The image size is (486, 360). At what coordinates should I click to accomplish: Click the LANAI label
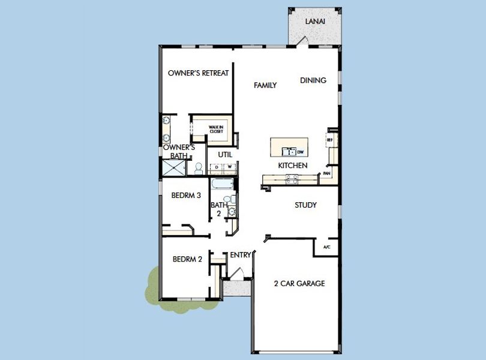(316, 21)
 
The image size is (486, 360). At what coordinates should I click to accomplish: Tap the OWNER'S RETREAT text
(198, 73)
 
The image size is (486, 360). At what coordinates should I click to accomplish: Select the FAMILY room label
(265, 85)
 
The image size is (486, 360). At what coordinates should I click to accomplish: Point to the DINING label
(313, 80)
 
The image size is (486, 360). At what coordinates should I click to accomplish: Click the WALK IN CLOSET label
(216, 129)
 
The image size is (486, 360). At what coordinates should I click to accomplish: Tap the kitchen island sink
(289, 152)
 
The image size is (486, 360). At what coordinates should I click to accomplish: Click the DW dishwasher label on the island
(300, 152)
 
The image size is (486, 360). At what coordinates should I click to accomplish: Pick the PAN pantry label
(326, 173)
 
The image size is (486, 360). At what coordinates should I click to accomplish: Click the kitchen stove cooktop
(292, 178)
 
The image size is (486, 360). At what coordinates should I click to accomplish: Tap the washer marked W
(229, 167)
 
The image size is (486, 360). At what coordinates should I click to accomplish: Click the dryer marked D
(217, 167)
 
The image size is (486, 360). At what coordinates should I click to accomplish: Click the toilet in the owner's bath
(198, 169)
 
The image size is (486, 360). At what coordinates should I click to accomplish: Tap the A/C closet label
(326, 247)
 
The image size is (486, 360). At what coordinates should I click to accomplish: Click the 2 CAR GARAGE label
(299, 283)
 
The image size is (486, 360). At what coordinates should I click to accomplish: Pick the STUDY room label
(305, 205)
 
